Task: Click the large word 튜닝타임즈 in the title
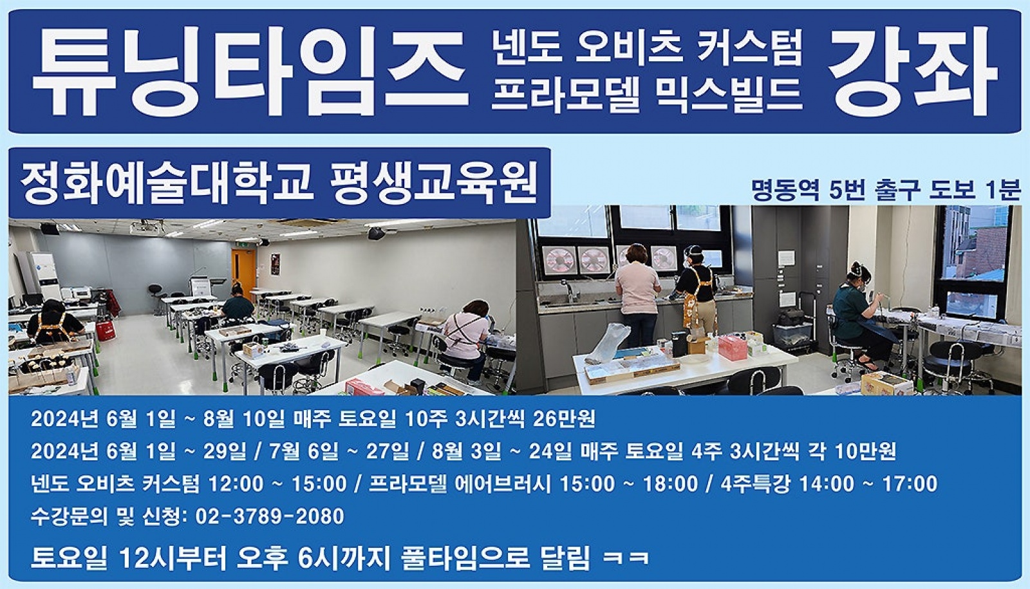coord(250,72)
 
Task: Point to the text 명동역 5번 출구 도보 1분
coord(886,190)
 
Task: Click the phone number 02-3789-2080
coord(270,516)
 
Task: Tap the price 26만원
coord(564,419)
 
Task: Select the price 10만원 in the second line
coord(865,451)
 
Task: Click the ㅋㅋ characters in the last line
coord(626,558)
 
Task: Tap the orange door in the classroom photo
coord(243,274)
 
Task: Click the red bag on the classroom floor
coord(106,330)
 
